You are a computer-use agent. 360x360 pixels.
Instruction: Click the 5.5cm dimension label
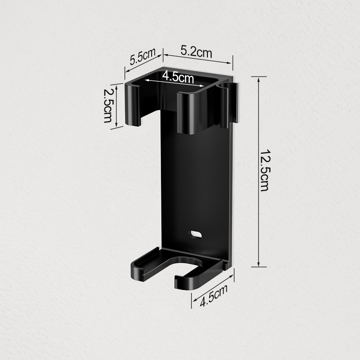(143, 56)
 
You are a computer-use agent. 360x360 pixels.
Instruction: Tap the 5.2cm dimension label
(196, 52)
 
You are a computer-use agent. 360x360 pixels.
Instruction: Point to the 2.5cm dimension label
(107, 105)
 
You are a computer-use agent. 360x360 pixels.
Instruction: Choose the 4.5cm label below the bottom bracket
(213, 295)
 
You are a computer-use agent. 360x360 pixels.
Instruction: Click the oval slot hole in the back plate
(195, 234)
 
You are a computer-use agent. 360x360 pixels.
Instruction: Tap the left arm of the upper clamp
(133, 104)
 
